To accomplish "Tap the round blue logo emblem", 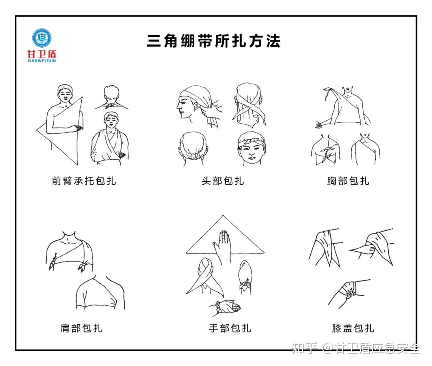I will point(42,38).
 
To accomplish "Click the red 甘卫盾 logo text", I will point(41,54).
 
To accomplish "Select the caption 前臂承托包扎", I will point(84,181).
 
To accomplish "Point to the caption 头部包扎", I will point(222,181).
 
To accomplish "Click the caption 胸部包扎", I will point(348,181).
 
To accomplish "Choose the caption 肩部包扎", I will point(81,328).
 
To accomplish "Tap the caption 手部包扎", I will point(230,328).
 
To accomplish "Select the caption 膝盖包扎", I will point(353,328).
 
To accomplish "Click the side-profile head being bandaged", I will point(193,104).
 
